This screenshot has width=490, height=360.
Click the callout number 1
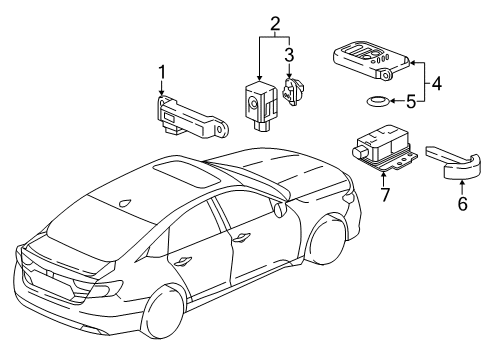click(162, 72)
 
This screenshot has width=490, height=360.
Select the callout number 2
click(275, 23)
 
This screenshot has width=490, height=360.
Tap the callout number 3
click(289, 54)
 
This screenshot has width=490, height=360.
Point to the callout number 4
click(436, 83)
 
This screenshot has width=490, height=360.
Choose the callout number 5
click(411, 101)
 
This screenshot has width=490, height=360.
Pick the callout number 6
click(462, 203)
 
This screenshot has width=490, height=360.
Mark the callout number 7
click(385, 194)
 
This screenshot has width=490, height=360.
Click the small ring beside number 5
click(377, 101)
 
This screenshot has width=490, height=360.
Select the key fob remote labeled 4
click(371, 59)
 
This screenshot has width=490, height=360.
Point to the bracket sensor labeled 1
click(191, 117)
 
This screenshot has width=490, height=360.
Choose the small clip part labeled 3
click(293, 91)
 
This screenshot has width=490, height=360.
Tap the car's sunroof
click(187, 174)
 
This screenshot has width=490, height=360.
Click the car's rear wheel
click(162, 311)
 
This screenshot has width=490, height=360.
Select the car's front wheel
click(325, 240)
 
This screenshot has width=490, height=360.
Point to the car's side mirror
click(279, 209)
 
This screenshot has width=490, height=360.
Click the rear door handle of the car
click(182, 261)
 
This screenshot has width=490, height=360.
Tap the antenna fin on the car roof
click(125, 202)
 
